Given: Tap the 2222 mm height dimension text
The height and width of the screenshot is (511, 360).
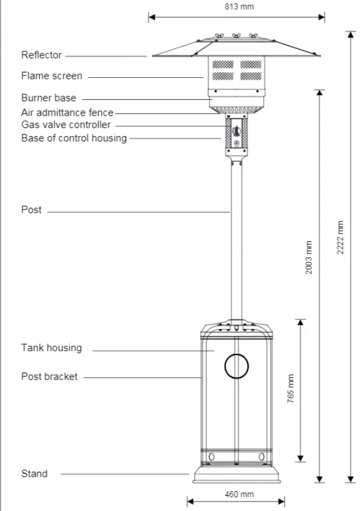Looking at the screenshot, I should point(341,237).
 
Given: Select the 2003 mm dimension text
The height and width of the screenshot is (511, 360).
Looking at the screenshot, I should point(309,258).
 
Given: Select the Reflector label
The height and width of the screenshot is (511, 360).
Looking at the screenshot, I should point(41,55).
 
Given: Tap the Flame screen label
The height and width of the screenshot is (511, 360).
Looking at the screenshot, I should point(51,76).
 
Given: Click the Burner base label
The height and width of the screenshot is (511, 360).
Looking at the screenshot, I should point(48,98).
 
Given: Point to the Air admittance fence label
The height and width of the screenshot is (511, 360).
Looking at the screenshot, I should point(67,112).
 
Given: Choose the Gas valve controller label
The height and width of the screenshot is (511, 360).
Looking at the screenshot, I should point(65,124).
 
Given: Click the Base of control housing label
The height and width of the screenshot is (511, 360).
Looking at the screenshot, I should point(74,138).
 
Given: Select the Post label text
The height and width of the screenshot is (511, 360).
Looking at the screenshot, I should point(32,209).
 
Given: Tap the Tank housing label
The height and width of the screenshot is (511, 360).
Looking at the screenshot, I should point(51,348).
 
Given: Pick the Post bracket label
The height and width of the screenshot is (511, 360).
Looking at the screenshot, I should point(49,377).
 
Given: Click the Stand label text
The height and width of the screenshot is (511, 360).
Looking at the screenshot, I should point(34,473).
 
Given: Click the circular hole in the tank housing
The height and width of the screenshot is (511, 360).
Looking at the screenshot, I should point(236,366).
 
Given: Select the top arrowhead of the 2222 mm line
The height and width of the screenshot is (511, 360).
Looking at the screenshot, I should point(351,34).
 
